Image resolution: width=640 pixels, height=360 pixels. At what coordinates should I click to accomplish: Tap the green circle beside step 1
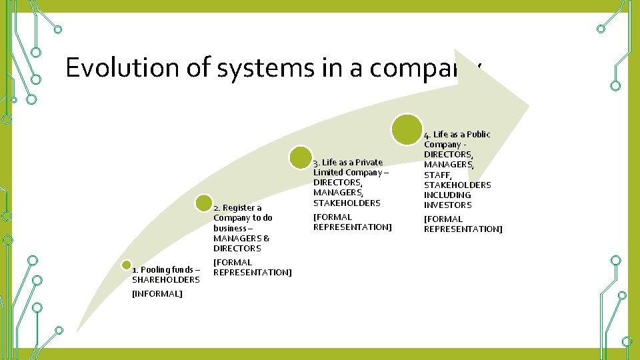(126, 264)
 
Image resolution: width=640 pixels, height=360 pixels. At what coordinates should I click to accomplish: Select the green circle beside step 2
(205, 202)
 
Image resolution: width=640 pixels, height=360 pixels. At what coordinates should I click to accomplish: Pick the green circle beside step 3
(301, 157)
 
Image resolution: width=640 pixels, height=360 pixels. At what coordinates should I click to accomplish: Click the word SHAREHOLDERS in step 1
(166, 280)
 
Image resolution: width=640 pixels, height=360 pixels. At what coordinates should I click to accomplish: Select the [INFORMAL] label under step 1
(157, 294)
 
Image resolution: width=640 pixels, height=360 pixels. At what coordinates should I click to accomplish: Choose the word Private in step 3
(369, 163)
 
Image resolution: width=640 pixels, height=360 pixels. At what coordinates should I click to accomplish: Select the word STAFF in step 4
(437, 175)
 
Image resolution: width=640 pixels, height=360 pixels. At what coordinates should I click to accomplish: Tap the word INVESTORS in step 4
(447, 205)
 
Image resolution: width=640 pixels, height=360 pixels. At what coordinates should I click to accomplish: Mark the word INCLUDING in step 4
(447, 195)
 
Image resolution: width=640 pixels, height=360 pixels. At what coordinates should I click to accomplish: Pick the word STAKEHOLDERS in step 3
(347, 203)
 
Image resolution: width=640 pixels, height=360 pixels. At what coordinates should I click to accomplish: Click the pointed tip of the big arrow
(529, 105)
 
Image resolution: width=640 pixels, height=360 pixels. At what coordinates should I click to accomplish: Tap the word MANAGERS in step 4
(448, 165)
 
